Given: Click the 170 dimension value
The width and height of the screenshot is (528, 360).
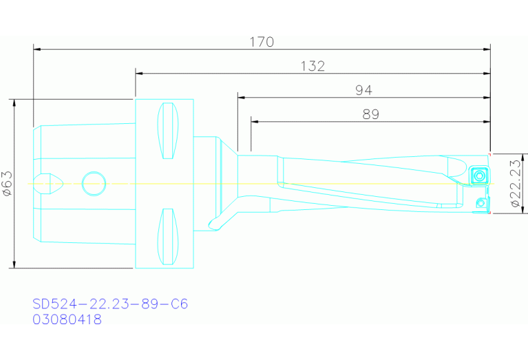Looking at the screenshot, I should [x=262, y=42].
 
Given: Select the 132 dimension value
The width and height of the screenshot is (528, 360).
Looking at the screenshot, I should [x=313, y=66].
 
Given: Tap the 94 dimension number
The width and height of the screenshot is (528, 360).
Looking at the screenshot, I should [x=365, y=90].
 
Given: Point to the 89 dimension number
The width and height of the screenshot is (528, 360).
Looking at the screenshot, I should [x=370, y=114].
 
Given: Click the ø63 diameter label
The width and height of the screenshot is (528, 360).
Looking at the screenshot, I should [x=6, y=184].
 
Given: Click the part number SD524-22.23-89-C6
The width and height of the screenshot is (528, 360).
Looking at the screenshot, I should [x=110, y=304].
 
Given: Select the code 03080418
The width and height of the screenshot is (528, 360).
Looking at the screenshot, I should [x=67, y=319].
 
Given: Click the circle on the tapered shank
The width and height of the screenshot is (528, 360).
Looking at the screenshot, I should [x=93, y=183].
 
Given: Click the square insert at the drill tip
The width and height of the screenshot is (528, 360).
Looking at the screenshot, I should [x=478, y=176].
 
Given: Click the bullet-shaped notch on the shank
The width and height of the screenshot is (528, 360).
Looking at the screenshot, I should [x=52, y=183].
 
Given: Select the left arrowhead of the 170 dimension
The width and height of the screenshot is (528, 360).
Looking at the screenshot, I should [x=37, y=50].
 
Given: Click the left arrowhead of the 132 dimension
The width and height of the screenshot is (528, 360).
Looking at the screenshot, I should [x=139, y=74].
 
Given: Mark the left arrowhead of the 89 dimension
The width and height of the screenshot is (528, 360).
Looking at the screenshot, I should [x=255, y=122].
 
